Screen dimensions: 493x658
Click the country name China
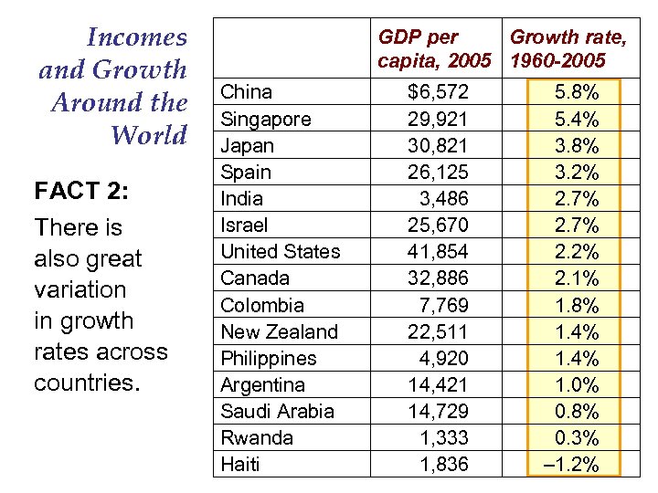(x=247, y=92)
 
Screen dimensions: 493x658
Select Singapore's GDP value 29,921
(x=438, y=119)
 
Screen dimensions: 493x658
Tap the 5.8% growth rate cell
(x=577, y=92)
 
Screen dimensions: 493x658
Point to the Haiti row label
(x=240, y=464)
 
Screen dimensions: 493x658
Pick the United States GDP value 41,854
(x=438, y=251)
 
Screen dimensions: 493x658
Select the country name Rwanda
(x=257, y=437)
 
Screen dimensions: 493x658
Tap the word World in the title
(x=148, y=135)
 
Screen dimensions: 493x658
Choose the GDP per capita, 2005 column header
(x=435, y=48)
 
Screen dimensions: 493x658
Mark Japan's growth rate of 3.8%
(x=577, y=145)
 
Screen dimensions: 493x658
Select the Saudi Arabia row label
(x=278, y=411)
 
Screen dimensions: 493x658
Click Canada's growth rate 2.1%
(x=577, y=278)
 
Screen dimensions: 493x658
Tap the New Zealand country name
(x=280, y=331)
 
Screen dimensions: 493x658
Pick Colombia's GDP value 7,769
(x=442, y=305)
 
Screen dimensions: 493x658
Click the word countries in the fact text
(x=85, y=383)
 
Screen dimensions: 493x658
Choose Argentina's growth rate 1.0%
(x=577, y=384)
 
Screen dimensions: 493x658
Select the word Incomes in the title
(x=136, y=37)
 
